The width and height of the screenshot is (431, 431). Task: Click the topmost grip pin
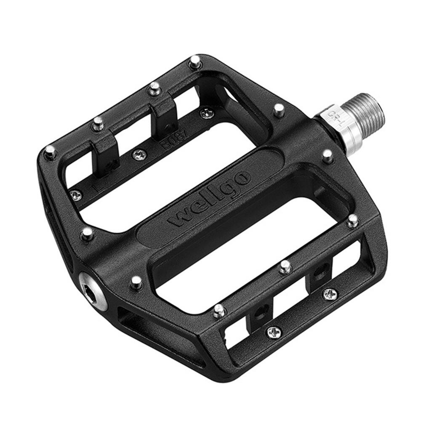194,62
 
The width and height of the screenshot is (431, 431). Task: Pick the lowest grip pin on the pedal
219,311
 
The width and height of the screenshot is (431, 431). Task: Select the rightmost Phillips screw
330,294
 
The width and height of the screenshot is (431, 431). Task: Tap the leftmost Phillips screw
76,195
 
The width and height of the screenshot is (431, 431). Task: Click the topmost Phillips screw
206,113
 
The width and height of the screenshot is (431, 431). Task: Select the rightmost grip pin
353,220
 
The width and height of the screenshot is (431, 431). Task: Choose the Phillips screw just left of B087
139,155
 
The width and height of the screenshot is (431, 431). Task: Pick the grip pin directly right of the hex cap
136,282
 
